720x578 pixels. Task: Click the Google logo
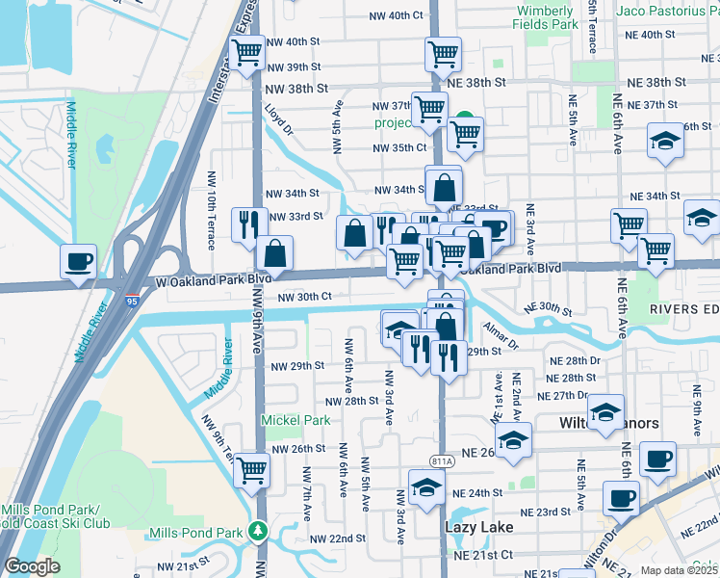point(32,566)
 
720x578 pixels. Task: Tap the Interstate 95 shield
point(129,301)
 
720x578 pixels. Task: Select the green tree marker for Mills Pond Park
point(257,531)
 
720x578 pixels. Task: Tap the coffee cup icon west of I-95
point(78,260)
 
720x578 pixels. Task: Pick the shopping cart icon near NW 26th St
point(251,470)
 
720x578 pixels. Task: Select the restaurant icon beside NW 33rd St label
point(249,223)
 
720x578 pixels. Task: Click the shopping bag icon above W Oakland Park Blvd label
point(275,253)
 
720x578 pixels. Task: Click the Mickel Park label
point(296,420)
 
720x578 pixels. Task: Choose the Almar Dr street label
point(501,337)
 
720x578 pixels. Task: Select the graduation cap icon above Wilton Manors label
point(605,411)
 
